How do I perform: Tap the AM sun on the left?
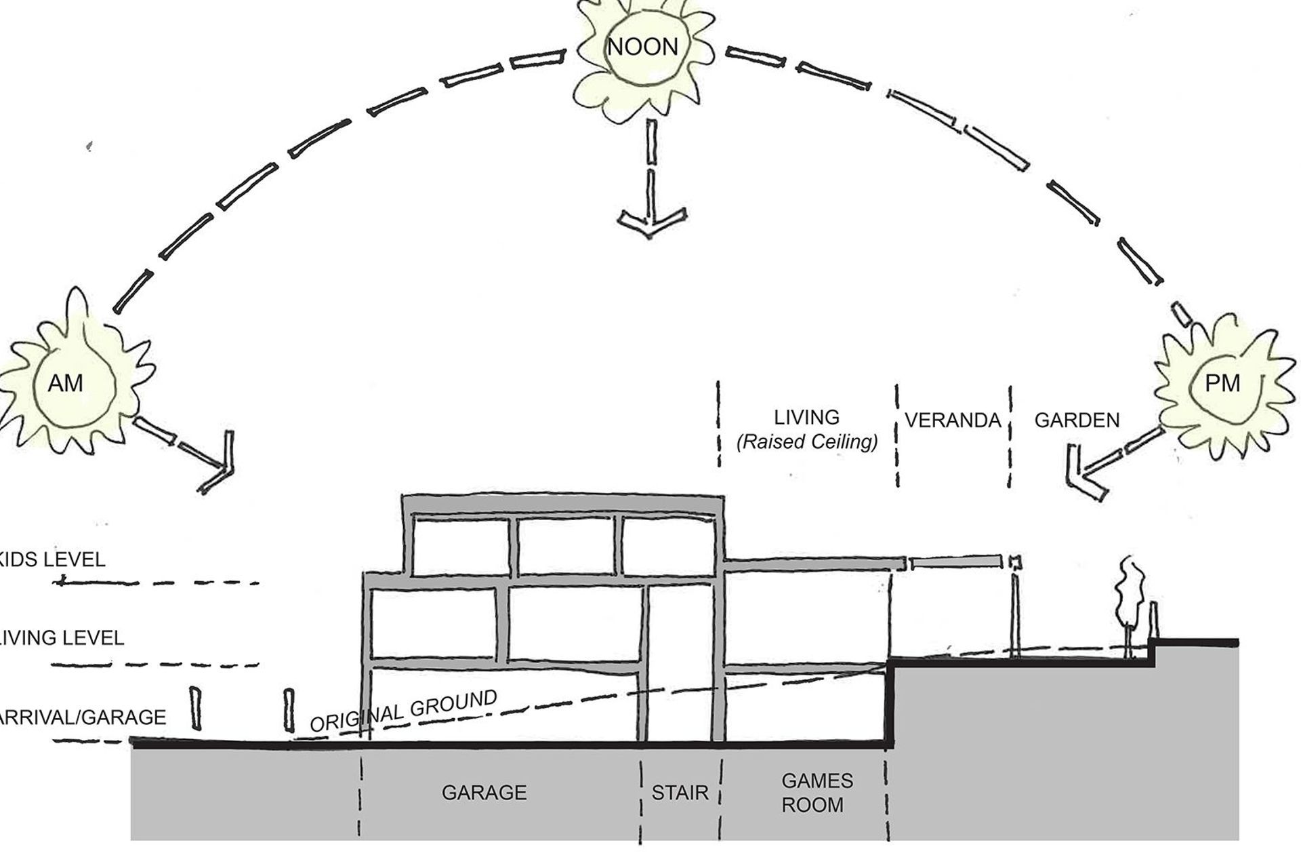(x=66, y=384)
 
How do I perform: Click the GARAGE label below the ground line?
(x=484, y=793)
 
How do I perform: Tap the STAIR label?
(x=680, y=793)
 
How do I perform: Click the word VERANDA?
(x=953, y=420)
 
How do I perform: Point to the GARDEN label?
(x=1077, y=420)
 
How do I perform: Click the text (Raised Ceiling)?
(x=806, y=442)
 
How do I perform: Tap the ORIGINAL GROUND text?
(x=404, y=711)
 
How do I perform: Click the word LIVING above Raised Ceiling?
(x=806, y=417)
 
